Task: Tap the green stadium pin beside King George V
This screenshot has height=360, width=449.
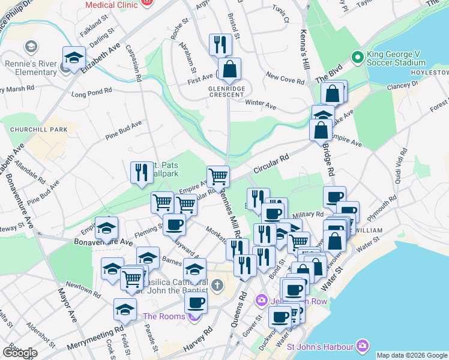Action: point(358,57)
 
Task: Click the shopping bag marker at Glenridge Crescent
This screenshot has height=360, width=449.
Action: point(229,70)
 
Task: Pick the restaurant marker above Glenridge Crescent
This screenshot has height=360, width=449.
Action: point(220,44)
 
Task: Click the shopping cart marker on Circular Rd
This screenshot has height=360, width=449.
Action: point(218,176)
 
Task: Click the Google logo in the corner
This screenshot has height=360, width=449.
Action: point(20,352)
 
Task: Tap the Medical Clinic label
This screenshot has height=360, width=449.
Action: point(112,5)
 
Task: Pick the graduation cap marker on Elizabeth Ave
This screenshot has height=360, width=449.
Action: point(74,59)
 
